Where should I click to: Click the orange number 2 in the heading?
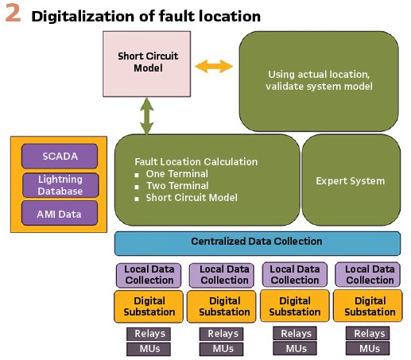13,14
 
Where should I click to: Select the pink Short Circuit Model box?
146,64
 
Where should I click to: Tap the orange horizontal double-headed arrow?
214,66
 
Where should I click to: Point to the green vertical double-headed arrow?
147,116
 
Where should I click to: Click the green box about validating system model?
319,81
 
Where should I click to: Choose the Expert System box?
351,180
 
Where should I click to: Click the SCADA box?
60,157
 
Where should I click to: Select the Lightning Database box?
60,185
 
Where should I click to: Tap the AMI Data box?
60,214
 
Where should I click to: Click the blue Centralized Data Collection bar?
258,243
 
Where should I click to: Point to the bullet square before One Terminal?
137,175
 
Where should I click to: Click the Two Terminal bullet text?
177,186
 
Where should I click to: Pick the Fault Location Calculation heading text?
196,161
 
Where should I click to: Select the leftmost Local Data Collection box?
149,275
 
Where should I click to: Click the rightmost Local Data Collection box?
368,275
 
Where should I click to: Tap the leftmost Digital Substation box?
149,307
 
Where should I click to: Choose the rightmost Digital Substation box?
368,306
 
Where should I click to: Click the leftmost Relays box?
149,334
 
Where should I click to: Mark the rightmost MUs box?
368,348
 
